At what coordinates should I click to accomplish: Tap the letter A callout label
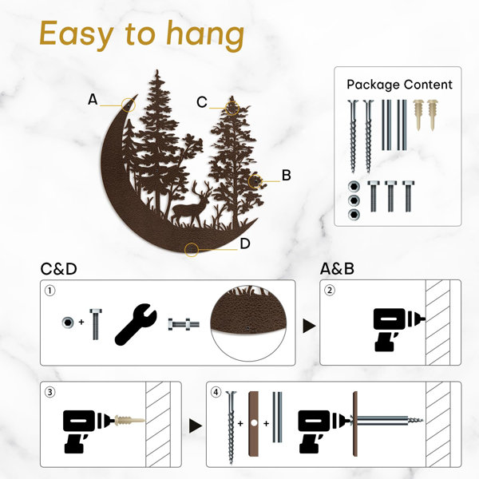(x=93, y=100)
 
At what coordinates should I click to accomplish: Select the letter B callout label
(x=286, y=176)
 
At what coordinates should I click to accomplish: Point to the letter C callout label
(x=202, y=102)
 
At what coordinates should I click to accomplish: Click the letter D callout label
(x=245, y=243)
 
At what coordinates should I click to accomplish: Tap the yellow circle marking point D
(x=192, y=250)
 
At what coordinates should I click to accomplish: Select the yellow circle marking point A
(x=129, y=105)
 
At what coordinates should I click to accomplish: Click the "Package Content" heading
(x=399, y=85)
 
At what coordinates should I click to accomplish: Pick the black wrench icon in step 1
(x=136, y=324)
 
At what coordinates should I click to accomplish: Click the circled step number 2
(x=329, y=291)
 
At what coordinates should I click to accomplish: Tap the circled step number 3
(x=50, y=392)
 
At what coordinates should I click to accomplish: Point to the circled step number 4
(x=216, y=392)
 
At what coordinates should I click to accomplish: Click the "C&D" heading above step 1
(x=58, y=269)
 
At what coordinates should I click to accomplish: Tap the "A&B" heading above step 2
(x=337, y=269)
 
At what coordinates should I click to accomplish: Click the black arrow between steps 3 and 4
(x=196, y=426)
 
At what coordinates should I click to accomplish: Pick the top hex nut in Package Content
(x=354, y=186)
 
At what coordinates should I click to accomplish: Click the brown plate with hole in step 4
(x=253, y=424)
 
